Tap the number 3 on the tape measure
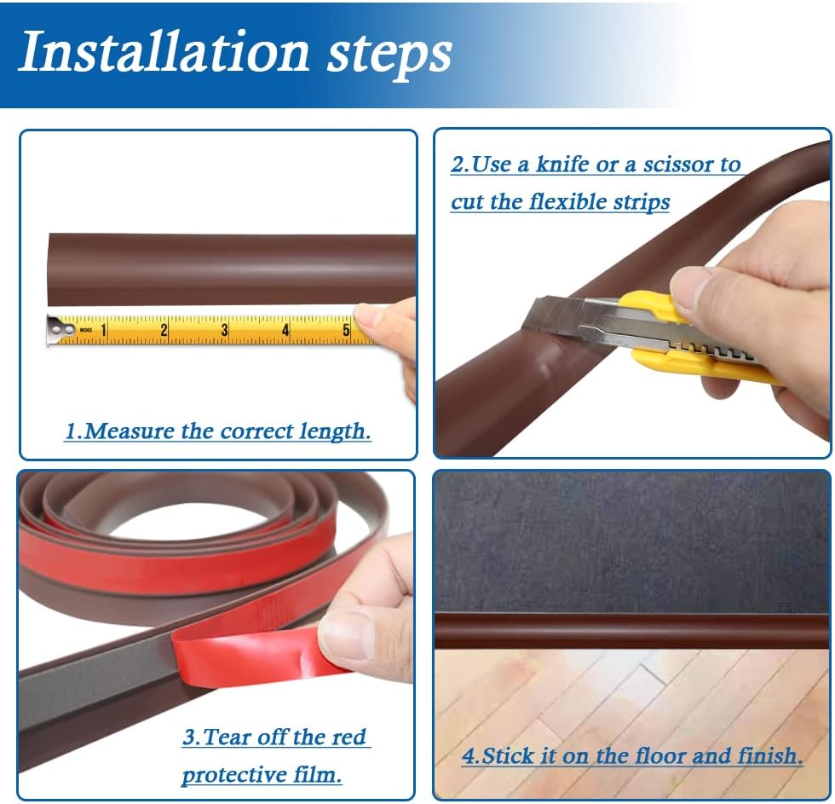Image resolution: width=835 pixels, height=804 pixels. pos(225,329)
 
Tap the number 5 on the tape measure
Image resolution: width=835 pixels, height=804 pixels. pos(346,329)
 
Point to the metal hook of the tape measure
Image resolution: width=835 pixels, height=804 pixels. pos(56,329)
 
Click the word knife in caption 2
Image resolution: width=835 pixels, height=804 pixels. pos(562,165)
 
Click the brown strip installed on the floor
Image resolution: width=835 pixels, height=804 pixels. pos(631,631)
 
